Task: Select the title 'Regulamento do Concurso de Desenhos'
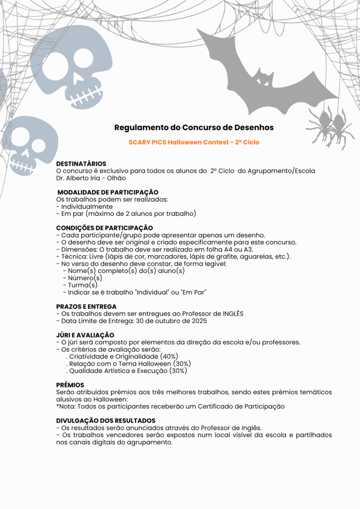(194, 128)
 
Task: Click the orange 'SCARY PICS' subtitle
(194, 142)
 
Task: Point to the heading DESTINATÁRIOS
(81, 164)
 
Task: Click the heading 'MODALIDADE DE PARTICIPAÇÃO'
(108, 192)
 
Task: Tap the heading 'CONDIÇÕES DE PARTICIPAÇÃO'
(104, 228)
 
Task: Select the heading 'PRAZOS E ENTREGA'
(86, 306)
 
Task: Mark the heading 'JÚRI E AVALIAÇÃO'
(85, 335)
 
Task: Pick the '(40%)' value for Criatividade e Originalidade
(170, 356)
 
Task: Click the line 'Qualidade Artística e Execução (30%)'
(128, 371)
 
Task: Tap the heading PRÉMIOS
(70, 385)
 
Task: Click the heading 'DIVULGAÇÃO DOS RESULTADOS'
(105, 421)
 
